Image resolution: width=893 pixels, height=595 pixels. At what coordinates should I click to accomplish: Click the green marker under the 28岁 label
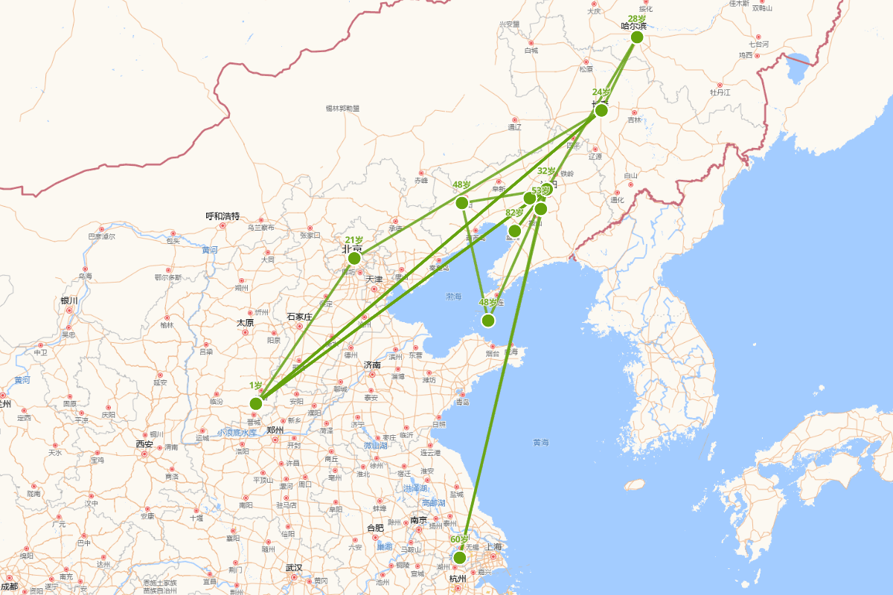(636, 37)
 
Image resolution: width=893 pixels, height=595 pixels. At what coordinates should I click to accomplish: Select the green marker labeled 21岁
(354, 258)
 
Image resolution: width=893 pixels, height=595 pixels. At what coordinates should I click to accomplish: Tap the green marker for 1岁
(256, 403)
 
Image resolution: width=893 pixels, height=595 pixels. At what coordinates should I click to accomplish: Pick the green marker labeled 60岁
(459, 557)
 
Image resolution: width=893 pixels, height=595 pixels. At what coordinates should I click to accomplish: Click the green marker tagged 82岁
(514, 231)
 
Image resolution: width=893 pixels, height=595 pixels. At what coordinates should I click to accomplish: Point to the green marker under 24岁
(601, 111)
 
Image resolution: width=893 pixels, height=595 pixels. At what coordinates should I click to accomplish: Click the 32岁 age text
(546, 171)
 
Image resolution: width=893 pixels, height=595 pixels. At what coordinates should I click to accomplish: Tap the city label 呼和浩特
(223, 216)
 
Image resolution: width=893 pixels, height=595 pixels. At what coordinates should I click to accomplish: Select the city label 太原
(245, 323)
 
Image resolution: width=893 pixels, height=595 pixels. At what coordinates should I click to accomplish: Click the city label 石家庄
(299, 317)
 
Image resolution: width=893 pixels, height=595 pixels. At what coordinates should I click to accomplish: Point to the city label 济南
(372, 365)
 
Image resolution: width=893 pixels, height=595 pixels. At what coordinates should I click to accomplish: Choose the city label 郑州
(275, 430)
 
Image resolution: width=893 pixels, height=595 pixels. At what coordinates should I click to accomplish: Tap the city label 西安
(144, 444)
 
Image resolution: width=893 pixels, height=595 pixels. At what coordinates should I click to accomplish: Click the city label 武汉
(294, 567)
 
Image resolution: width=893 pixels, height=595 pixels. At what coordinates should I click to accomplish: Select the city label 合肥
(375, 528)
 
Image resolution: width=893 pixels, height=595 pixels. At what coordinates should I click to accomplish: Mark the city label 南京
(418, 520)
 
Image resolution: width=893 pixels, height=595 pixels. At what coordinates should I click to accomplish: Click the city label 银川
(69, 300)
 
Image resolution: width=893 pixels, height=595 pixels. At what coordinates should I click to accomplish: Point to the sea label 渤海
(454, 296)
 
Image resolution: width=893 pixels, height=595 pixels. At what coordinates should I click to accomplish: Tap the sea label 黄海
(540, 443)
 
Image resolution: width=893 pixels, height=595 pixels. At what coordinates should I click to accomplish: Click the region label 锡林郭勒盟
(342, 109)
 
